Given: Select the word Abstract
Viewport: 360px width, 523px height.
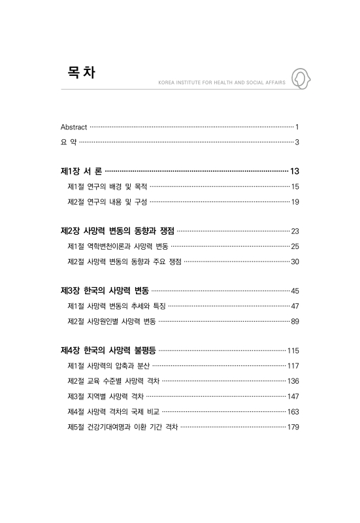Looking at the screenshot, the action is (73, 126).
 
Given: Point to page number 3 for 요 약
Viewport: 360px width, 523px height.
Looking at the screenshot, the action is (297, 142).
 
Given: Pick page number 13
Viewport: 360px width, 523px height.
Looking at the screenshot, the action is (294, 171).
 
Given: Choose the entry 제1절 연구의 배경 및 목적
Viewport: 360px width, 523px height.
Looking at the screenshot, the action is (108, 187).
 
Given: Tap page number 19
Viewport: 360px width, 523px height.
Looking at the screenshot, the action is (295, 202).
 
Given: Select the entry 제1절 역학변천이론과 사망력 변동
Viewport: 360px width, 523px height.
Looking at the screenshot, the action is (118, 246).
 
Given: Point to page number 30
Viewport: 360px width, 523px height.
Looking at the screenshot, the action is (295, 261).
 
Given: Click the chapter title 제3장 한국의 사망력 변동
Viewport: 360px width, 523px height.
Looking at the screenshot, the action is (104, 290).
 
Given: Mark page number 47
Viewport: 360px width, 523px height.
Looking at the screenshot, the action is (295, 306).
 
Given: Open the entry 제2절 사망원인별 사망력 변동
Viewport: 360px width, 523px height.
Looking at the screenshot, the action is (112, 321).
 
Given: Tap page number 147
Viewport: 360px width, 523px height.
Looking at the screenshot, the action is (293, 396).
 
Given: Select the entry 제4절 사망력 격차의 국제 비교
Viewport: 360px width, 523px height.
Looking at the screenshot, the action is (113, 411).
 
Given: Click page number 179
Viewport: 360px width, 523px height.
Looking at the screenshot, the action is (293, 427).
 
